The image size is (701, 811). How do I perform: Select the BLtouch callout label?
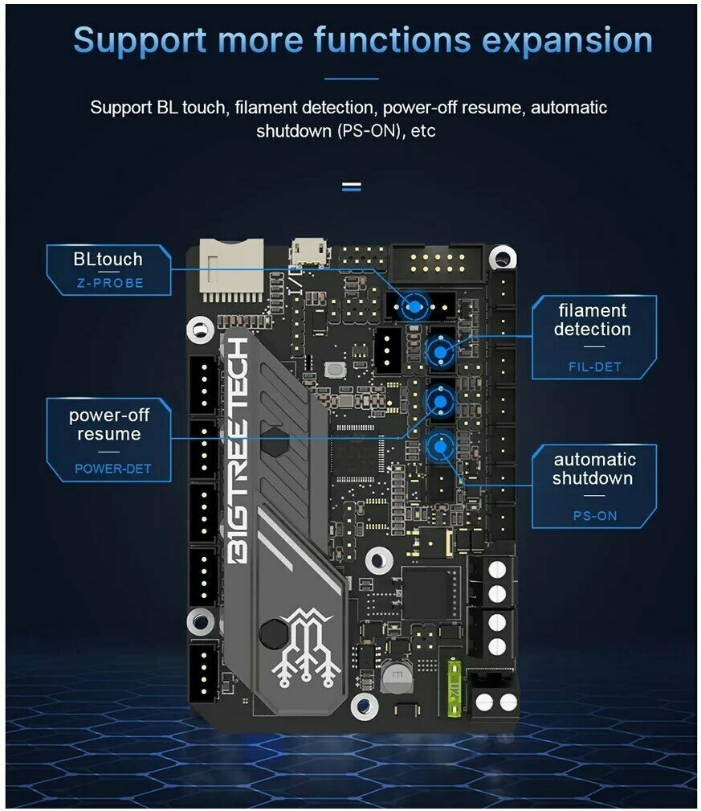tap(108, 259)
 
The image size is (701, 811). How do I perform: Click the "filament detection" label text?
tap(593, 320)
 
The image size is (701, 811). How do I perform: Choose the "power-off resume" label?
tap(108, 424)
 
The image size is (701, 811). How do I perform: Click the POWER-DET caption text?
tap(112, 469)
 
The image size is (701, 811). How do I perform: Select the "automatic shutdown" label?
tap(594, 469)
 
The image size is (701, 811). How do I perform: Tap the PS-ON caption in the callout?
tap(595, 515)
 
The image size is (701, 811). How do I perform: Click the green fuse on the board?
tap(455, 684)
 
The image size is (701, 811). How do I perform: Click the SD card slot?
tap(231, 270)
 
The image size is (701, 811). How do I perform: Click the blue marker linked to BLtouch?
tap(414, 306)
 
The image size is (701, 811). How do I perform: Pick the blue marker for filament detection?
tap(440, 352)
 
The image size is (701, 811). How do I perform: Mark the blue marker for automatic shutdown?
tap(440, 447)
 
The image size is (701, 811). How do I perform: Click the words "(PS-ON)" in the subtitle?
tap(363, 130)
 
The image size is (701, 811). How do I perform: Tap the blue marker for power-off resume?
tap(440, 399)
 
